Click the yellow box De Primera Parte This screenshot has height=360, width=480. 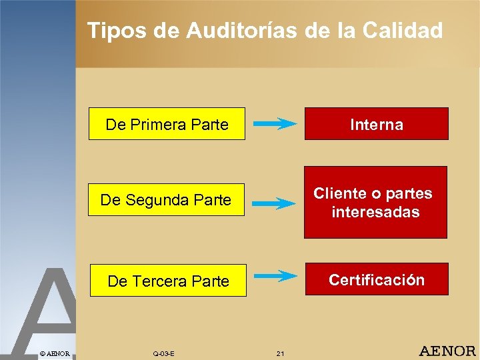point(167,124)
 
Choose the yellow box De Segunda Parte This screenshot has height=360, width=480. point(166,200)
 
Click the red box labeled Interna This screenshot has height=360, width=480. point(376,124)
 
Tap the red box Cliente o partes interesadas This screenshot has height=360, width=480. point(375,203)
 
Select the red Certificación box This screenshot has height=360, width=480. point(376,279)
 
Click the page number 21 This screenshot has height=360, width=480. point(280,353)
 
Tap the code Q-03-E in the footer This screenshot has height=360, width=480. point(163,353)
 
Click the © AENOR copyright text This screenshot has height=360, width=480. point(55,352)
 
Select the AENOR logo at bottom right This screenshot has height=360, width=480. point(447,351)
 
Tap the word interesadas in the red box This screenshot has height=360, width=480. point(375,212)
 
